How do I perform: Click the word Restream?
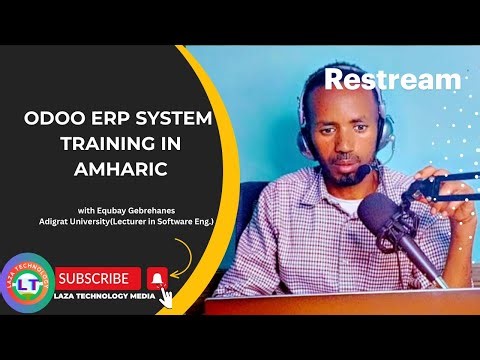point(393,79)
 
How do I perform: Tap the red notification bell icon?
point(156,277)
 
